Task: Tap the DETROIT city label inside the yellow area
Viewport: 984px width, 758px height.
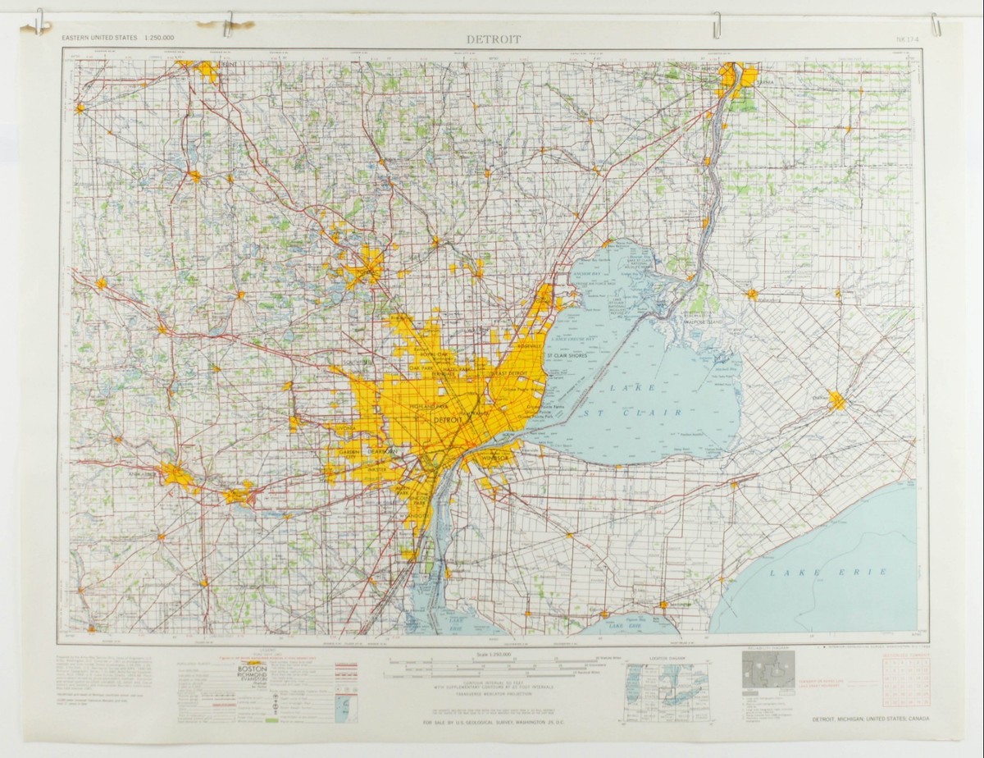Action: click(x=447, y=420)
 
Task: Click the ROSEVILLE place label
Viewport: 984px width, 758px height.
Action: click(x=529, y=346)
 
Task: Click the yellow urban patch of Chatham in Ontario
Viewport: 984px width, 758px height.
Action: click(x=836, y=401)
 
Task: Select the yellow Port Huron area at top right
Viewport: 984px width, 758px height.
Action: click(x=729, y=77)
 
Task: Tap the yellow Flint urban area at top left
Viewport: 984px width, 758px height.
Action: click(x=207, y=71)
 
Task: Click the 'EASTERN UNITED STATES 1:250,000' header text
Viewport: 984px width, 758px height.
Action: click(x=124, y=39)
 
